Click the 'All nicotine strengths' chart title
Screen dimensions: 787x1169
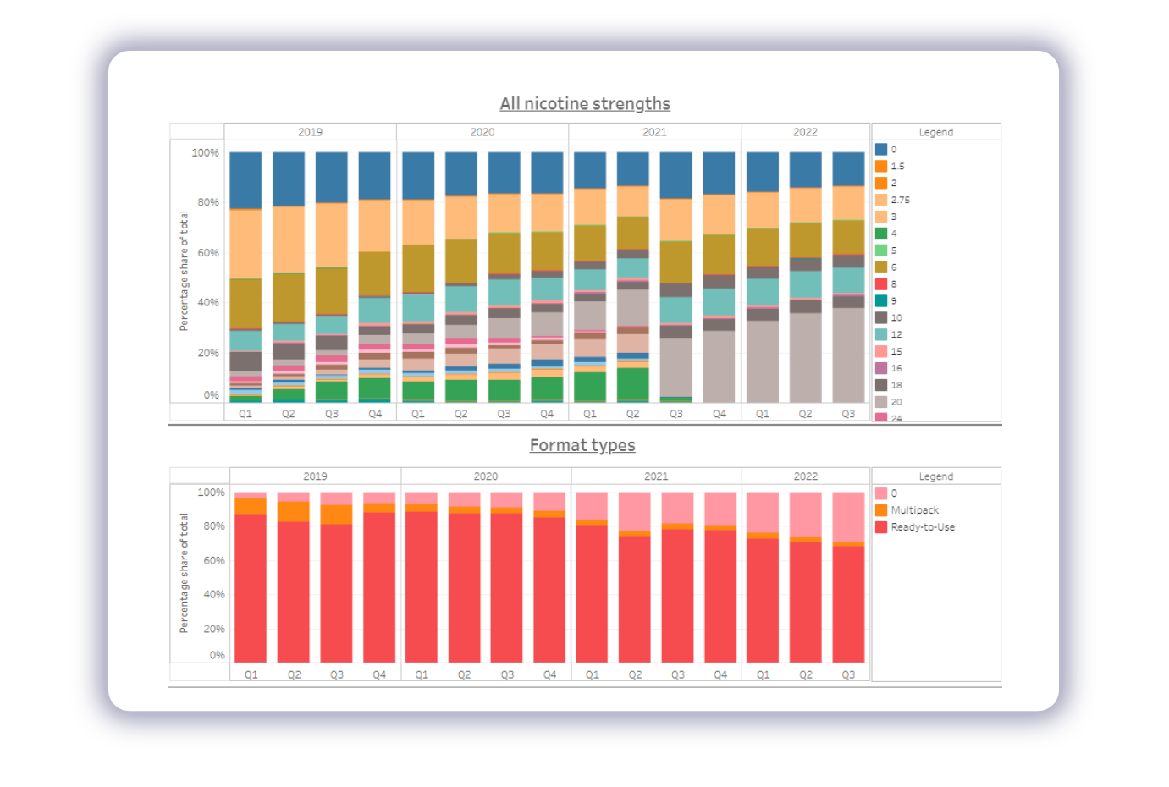585,104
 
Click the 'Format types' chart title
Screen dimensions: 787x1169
582,445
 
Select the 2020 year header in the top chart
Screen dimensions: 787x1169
482,132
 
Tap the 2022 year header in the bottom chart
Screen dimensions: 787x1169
805,476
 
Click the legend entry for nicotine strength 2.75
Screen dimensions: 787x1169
900,200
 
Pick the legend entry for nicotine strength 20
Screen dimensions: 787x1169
896,402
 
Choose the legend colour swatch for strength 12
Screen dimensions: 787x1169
881,334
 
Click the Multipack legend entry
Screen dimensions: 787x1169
914,510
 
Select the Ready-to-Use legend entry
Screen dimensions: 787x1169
922,527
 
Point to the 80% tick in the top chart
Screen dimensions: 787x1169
208,202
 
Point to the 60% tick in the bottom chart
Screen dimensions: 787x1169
214,560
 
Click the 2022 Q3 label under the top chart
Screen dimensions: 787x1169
848,414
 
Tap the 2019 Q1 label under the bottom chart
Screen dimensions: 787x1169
251,674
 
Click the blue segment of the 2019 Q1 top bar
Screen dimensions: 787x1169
245,180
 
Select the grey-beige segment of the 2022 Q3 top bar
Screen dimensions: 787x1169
848,355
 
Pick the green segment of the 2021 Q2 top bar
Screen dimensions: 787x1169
633,383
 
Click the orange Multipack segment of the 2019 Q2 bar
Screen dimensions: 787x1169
294,511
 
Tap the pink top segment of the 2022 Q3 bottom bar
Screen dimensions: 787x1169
848,516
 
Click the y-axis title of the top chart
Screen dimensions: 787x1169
184,271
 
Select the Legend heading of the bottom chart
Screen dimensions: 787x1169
935,476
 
